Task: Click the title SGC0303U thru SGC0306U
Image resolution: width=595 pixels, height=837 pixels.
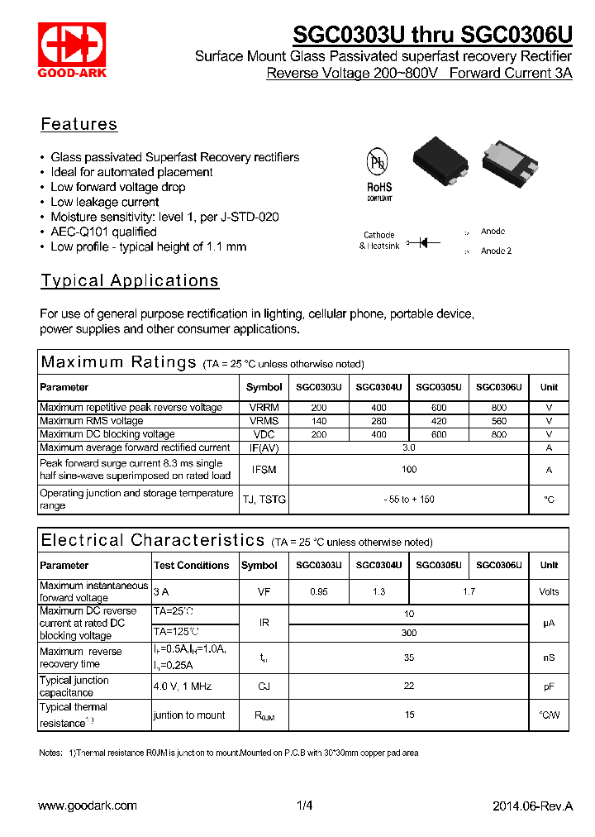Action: [x=432, y=35]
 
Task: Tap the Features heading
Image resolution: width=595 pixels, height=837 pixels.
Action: [x=79, y=125]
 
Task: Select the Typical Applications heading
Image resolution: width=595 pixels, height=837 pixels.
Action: [x=130, y=281]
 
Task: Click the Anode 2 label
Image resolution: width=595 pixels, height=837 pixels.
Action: [x=496, y=251]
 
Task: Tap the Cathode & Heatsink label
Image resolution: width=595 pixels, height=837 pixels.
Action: [x=379, y=241]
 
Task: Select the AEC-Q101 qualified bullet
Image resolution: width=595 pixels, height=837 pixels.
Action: [x=103, y=232]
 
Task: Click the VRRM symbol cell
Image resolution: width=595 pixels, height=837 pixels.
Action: [x=264, y=408]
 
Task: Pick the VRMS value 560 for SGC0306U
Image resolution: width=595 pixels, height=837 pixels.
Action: [x=498, y=421]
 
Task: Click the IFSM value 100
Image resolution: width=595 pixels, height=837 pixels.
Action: [x=409, y=470]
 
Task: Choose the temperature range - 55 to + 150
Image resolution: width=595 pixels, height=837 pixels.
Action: [x=409, y=500]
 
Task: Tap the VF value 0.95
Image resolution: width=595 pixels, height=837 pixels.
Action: [x=318, y=591]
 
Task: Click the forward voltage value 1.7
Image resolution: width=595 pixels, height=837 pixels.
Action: [x=469, y=591]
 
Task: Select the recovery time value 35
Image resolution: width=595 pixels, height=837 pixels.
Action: [x=409, y=658]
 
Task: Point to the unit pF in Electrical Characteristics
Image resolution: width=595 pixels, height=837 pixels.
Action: [x=549, y=686]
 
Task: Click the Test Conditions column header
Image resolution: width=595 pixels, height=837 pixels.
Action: [x=192, y=566]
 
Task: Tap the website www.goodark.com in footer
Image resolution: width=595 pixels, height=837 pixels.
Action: [x=88, y=806]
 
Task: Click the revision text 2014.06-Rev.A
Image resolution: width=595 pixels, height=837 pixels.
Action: [x=532, y=806]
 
